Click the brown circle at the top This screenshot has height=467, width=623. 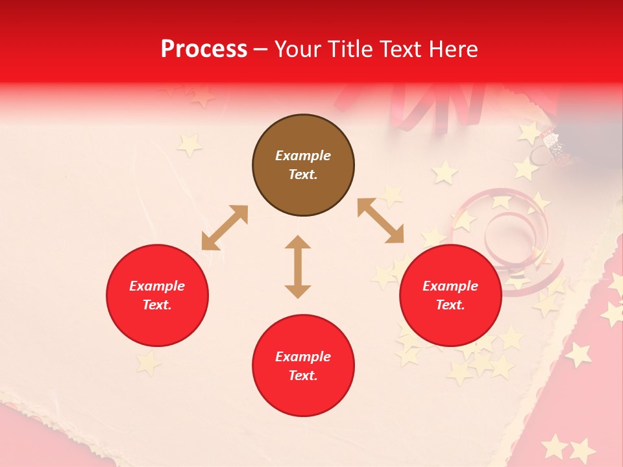303,165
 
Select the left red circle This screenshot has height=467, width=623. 157,296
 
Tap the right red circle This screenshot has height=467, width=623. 450,296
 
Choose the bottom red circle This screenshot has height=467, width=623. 303,366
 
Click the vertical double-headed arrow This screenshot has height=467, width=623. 298,267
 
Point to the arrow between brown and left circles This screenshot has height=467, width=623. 225,228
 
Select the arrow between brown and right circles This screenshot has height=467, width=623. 380,221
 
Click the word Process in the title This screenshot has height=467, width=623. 204,49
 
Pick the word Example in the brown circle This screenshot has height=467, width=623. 303,156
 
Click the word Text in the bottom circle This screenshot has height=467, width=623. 302,376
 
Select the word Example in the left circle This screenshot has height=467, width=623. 157,286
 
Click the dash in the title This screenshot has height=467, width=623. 261,50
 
